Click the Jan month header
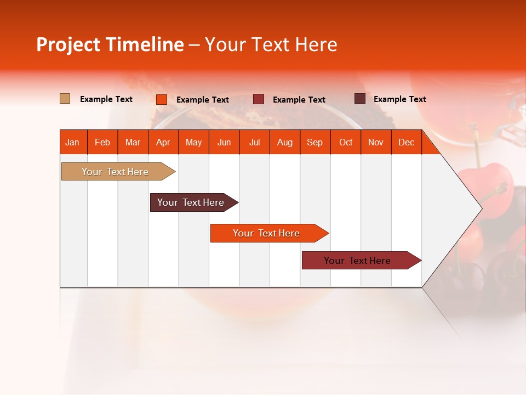click(72, 143)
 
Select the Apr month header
click(163, 143)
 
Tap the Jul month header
click(254, 143)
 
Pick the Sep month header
click(315, 143)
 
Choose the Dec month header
click(406, 143)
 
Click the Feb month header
click(102, 143)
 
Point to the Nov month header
click(376, 143)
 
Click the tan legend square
click(65, 99)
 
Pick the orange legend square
click(161, 99)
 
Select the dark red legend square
click(259, 99)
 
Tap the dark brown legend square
click(359, 99)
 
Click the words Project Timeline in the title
click(110, 44)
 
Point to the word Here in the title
click(316, 44)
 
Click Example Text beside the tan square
click(106, 99)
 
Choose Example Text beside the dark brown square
click(400, 99)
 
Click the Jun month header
click(224, 143)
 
